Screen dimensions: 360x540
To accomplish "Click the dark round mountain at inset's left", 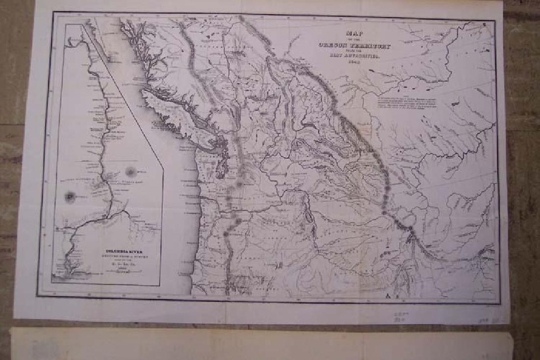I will pyautogui.click(x=70, y=198).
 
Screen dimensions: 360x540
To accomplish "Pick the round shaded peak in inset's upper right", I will pyautogui.click(x=131, y=171).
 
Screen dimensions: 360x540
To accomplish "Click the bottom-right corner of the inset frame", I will pyautogui.click(x=162, y=285).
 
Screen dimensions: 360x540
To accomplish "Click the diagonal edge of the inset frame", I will pyautogui.click(x=123, y=93).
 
